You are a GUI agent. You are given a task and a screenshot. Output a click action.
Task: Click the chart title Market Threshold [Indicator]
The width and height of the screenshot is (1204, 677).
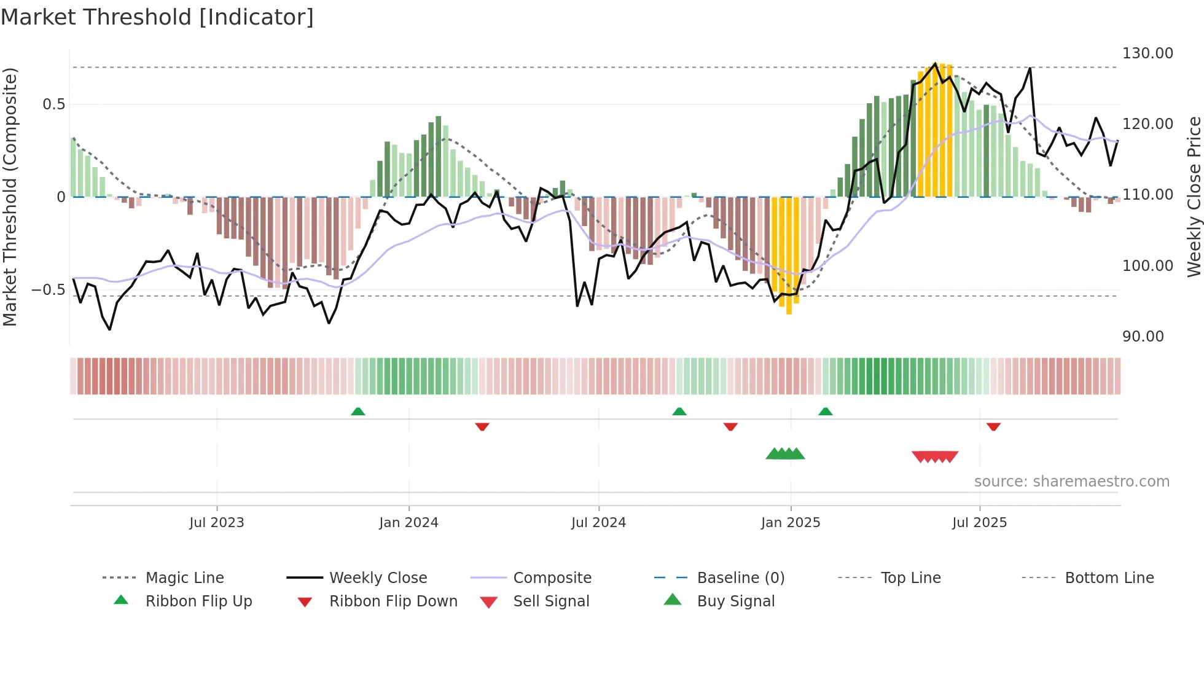157,17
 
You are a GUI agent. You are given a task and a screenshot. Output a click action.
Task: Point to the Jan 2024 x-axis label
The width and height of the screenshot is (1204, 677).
408,523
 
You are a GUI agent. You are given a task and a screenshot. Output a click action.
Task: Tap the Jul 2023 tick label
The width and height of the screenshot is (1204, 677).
216,523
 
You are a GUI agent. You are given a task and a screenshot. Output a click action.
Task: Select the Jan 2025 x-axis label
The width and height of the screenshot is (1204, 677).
791,523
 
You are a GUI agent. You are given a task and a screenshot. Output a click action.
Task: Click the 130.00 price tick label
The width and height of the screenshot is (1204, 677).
1147,53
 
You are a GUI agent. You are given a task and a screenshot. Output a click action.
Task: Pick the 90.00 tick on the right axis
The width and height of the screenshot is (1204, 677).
1143,337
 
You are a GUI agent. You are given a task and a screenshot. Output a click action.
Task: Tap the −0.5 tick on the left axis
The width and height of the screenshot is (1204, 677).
49,290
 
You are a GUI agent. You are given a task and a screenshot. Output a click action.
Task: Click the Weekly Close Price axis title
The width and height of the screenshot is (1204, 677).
1194,197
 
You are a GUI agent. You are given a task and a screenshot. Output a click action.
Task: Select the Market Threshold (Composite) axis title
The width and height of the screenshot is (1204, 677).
10,197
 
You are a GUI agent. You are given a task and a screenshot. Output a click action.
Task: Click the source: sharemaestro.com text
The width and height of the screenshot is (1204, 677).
1071,482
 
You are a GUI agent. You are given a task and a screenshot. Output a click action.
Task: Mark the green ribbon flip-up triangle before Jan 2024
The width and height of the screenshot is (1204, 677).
358,412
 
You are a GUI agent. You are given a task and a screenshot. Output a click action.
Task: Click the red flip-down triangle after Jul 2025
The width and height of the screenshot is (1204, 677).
993,426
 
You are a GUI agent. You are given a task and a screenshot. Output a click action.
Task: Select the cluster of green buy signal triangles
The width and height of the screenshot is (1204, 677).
785,454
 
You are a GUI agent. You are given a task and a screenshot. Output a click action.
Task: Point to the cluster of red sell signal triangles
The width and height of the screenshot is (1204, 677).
935,456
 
